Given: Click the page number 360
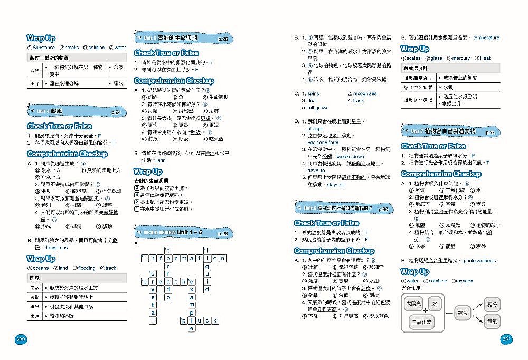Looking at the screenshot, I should pos(21,338).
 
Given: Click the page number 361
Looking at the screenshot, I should pos(506,338).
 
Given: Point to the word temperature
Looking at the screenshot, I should pos(486,38).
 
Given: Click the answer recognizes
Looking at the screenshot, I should pos(365,94).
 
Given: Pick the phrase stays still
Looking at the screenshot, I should pos(337,185).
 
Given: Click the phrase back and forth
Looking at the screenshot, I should pos(323,143).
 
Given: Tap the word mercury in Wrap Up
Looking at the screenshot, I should pos(460,58).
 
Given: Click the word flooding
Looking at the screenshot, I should pos(86,268).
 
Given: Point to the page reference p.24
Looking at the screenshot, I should pos(116,112).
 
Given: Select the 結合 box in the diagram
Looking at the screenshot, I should pos(463,313).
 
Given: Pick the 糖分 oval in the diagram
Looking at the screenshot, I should pos(492,305).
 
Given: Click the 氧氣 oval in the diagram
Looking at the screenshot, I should pos(492,321).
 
